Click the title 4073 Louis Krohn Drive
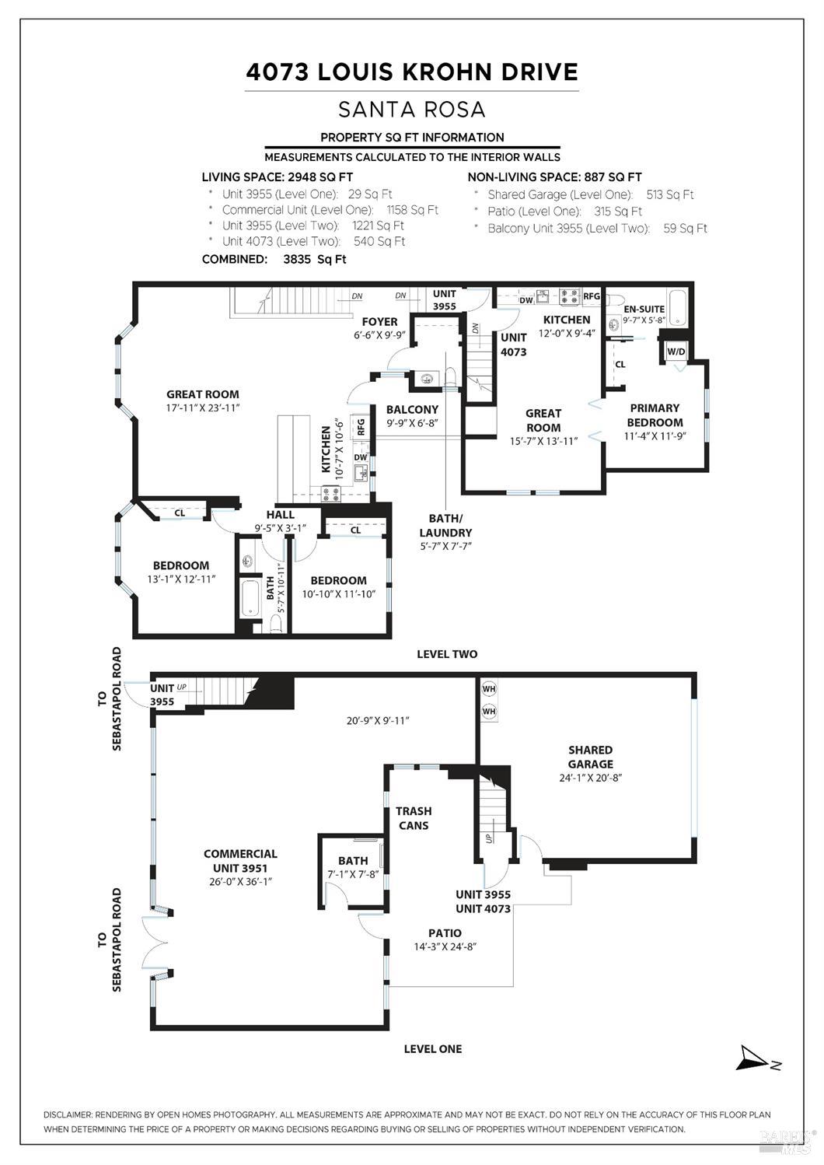412,72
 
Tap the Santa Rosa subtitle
412,109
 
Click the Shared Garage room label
590,757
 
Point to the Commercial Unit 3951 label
240,860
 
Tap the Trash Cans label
413,818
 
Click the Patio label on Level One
445,933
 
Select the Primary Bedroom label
655,415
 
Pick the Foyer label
379,321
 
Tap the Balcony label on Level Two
412,409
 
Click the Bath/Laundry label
445,525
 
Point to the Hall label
280,514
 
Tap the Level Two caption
447,654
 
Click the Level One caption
432,1048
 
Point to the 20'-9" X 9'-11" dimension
378,720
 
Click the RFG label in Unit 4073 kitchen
592,296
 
